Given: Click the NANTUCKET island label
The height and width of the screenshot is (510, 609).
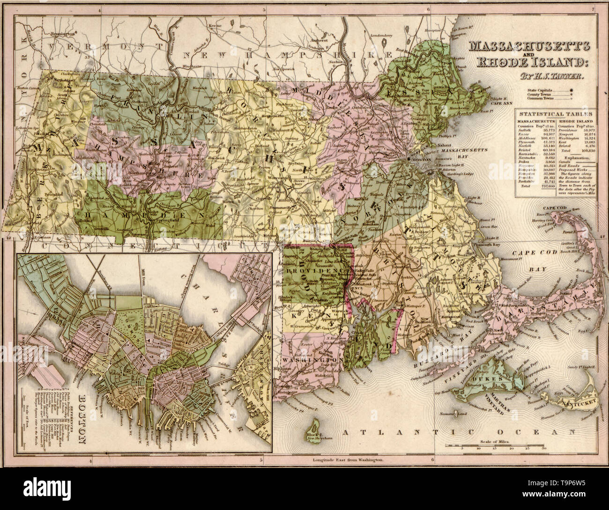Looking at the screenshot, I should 580,401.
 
